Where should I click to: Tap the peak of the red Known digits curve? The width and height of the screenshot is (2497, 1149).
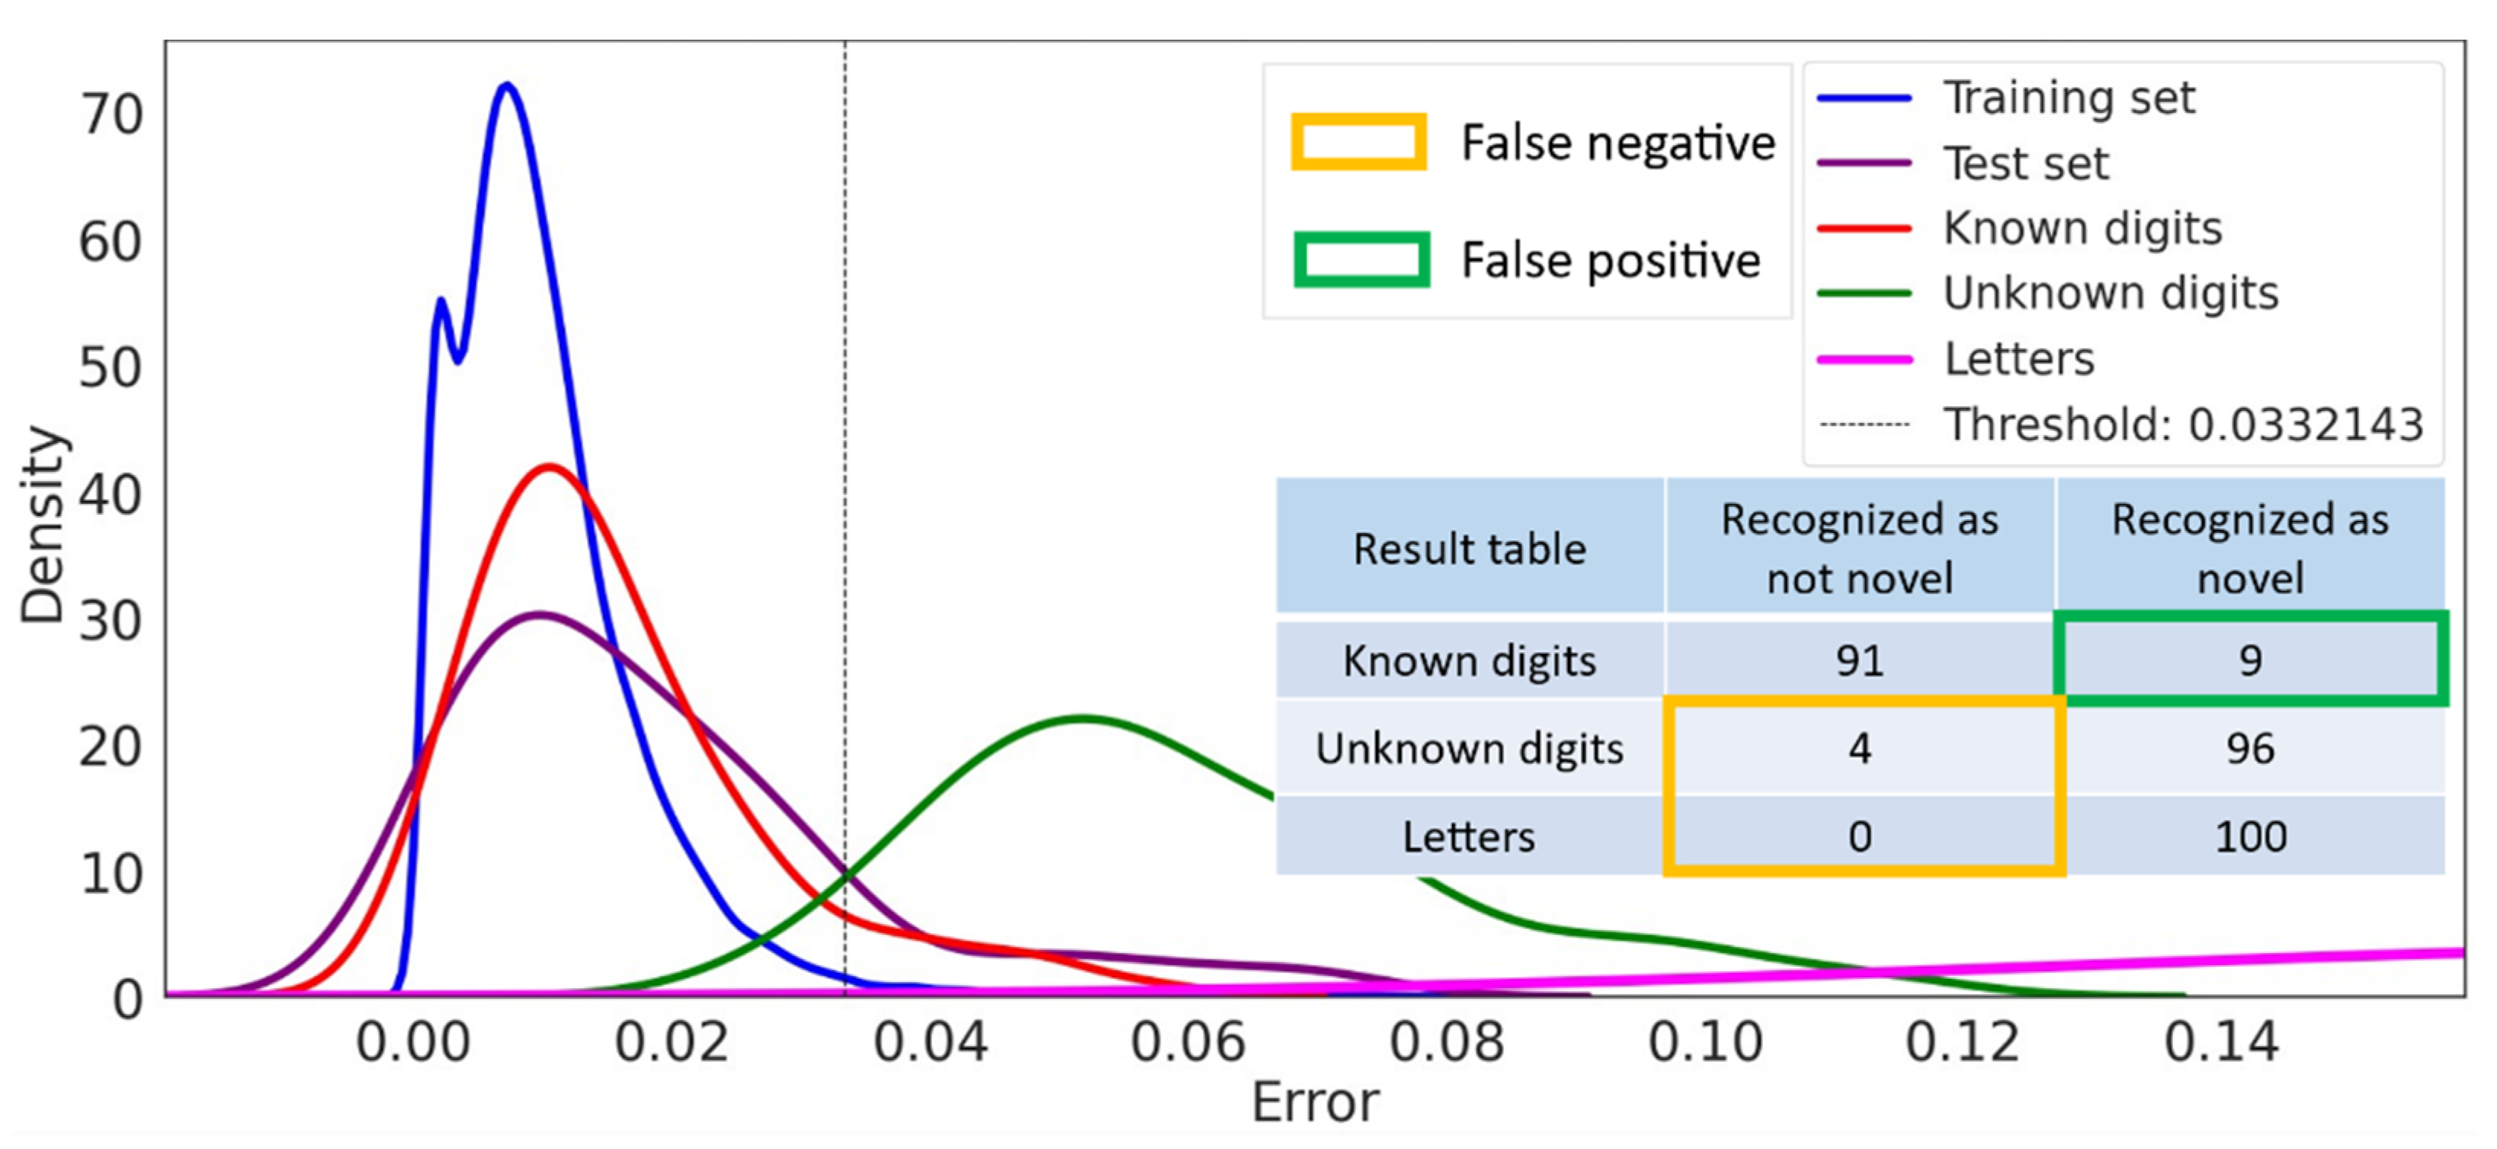[x=549, y=467]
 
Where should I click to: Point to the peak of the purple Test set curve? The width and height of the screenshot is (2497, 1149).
[x=539, y=615]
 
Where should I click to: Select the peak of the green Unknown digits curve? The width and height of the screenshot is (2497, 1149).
[x=1084, y=718]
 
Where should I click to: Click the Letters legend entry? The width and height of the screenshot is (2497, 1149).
[x=2018, y=359]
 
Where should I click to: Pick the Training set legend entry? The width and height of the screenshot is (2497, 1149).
[x=2069, y=98]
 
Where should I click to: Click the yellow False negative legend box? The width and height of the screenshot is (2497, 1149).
[x=1358, y=143]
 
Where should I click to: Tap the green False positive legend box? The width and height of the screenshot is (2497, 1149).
[x=1361, y=260]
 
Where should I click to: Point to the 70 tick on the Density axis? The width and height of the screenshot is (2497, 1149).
[x=111, y=114]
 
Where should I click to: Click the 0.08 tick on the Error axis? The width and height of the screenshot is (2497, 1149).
[x=1446, y=1042]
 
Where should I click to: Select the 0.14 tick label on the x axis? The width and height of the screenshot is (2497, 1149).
[x=2221, y=1042]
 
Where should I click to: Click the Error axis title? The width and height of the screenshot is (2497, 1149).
[x=1314, y=1102]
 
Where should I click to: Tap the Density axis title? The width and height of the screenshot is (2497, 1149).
[x=43, y=524]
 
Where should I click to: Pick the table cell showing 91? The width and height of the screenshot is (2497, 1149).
[x=1859, y=661]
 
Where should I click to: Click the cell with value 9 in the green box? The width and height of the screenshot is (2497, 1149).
[x=2250, y=661]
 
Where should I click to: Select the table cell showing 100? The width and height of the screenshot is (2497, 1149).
[x=2250, y=836]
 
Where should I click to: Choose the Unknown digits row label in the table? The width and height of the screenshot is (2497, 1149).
[x=1469, y=749]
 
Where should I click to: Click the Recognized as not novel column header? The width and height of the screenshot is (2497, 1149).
[x=1859, y=549]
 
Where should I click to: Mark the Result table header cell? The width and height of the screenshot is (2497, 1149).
[x=1469, y=549]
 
